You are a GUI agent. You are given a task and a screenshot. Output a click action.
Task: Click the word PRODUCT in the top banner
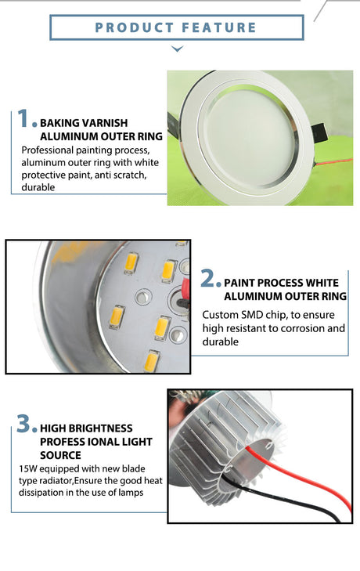(135, 27)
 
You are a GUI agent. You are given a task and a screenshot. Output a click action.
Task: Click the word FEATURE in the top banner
(219, 27)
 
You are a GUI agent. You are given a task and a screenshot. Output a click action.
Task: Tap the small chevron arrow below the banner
(177, 49)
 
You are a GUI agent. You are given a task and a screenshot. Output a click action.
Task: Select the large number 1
(23, 118)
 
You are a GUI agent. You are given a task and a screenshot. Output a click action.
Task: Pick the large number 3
(24, 424)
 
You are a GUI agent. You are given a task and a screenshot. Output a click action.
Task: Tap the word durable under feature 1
(38, 187)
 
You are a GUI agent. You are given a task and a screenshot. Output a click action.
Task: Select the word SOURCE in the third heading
(60, 455)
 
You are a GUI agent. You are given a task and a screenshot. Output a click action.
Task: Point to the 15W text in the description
(27, 468)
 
